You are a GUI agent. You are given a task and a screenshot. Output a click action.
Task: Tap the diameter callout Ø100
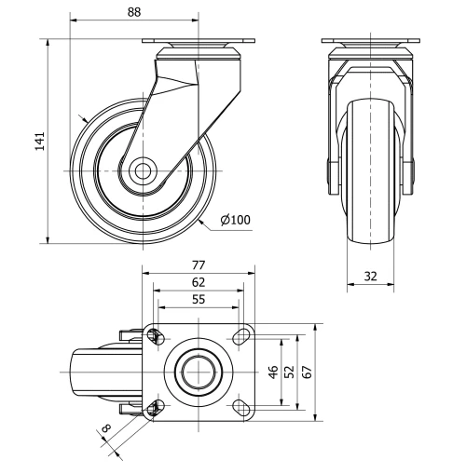[237, 220]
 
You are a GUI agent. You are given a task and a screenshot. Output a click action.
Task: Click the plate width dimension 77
[198, 265]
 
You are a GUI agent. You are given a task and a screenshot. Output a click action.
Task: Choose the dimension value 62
[198, 281]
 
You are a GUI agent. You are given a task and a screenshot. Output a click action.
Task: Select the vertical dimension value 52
[289, 371]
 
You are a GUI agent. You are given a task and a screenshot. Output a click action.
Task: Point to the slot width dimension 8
[105, 431]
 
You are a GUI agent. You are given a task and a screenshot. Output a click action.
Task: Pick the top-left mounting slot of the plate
[155, 336]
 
